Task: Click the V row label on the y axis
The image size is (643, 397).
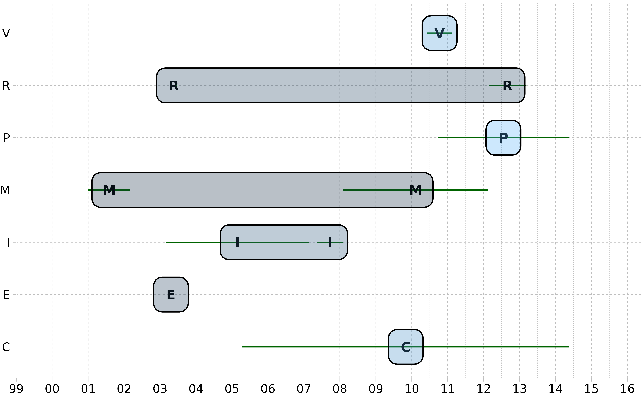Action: point(6,33)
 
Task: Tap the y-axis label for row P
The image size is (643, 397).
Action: point(7,138)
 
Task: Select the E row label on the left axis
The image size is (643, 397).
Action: point(6,295)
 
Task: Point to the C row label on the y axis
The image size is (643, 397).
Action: point(6,347)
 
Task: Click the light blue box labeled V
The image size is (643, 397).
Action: point(439,33)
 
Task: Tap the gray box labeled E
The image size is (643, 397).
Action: point(171,295)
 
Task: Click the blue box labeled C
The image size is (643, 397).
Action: point(405,347)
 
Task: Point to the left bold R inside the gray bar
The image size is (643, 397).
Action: point(174,86)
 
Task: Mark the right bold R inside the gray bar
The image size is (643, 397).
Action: point(507,86)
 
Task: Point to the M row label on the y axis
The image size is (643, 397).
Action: point(5,190)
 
